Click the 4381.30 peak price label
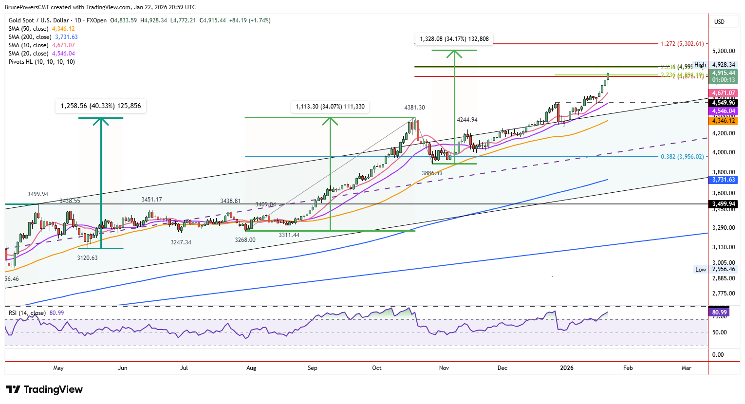414,108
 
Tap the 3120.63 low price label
88,258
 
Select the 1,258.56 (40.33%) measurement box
101,106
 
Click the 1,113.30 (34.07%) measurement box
330,107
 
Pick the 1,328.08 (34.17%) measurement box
454,39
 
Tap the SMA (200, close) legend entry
43,37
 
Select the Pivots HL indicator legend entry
42,62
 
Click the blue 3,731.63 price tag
724,180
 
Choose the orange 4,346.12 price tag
724,121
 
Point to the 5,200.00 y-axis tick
723,51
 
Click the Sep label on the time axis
313,368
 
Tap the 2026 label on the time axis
567,368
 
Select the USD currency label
719,22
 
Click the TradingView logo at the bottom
44,389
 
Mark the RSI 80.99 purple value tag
719,312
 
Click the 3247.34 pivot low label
181,242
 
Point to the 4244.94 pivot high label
467,120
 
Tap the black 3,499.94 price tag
724,204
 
